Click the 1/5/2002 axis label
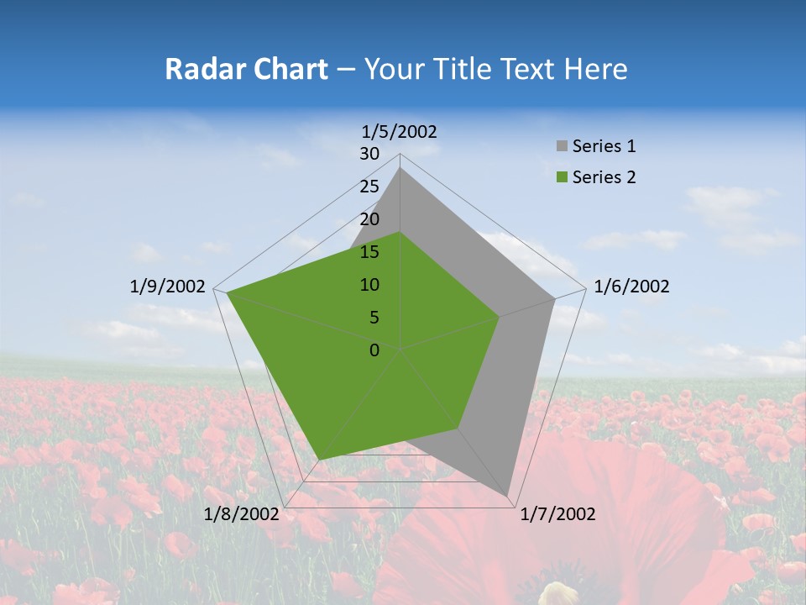(x=400, y=131)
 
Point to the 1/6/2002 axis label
(x=631, y=287)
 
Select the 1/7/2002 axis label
(x=557, y=513)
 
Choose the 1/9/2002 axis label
(x=168, y=287)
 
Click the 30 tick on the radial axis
(x=369, y=154)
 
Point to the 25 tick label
(x=369, y=187)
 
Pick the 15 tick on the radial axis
(x=369, y=252)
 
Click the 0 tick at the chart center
(x=374, y=350)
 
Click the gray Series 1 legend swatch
(x=562, y=147)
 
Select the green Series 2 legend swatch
(x=562, y=177)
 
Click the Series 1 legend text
(x=604, y=146)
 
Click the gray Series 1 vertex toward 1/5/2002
(x=400, y=167)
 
